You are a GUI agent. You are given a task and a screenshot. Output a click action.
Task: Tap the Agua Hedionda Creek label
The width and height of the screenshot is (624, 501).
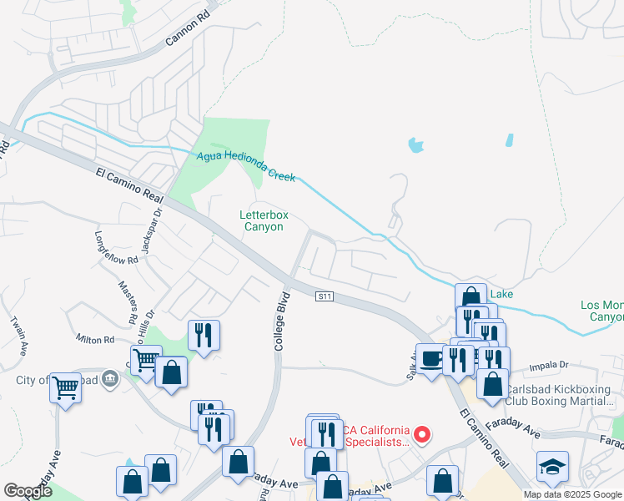tap(247, 166)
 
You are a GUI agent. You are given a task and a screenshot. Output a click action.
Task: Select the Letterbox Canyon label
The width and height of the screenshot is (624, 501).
tap(264, 220)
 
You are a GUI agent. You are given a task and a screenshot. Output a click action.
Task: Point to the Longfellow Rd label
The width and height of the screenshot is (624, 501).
tap(115, 248)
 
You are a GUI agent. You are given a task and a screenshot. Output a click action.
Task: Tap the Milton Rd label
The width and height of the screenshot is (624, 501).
tap(94, 340)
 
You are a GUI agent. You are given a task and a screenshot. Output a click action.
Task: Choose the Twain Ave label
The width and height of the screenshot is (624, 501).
tap(17, 331)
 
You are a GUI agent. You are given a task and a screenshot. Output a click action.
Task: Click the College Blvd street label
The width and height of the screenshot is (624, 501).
tap(281, 321)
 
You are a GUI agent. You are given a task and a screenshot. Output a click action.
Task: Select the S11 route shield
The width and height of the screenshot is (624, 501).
tap(325, 296)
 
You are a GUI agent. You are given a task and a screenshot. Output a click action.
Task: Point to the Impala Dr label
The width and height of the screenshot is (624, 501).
tap(551, 365)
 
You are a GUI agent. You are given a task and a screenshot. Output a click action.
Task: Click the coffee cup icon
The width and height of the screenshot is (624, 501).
tap(430, 358)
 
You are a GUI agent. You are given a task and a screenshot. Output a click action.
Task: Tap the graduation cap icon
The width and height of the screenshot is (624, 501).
tap(552, 465)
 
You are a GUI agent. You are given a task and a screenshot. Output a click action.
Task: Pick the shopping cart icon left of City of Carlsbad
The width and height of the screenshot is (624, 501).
tap(65, 386)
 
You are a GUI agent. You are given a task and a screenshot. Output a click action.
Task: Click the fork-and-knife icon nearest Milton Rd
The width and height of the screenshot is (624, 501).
tap(204, 335)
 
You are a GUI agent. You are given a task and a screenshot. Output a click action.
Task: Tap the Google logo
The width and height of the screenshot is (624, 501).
tap(28, 492)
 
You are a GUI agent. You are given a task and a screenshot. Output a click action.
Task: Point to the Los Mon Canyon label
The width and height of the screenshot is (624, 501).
tap(601, 311)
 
